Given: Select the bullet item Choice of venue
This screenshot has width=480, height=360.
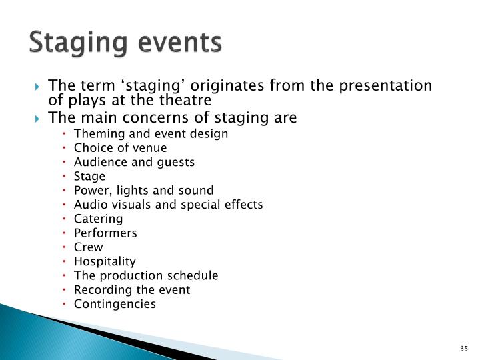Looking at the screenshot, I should click(x=120, y=148).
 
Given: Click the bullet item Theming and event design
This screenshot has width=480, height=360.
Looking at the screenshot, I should click(x=151, y=133).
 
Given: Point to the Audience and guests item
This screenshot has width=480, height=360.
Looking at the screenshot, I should click(x=134, y=162).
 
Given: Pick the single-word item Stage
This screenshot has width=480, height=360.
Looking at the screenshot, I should click(x=89, y=176).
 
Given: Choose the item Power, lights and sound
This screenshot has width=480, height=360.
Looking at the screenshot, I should click(x=143, y=190).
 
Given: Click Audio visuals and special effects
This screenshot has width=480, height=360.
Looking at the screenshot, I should click(x=168, y=205).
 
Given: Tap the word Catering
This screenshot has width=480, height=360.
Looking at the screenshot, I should click(x=98, y=219).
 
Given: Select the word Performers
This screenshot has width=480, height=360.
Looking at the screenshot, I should click(x=105, y=233).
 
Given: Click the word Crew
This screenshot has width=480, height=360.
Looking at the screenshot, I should click(x=88, y=247).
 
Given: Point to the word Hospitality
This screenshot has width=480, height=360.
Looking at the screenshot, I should click(x=105, y=261).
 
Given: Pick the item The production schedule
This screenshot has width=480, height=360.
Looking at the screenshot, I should click(x=146, y=275).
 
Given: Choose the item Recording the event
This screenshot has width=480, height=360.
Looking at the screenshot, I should click(x=132, y=290).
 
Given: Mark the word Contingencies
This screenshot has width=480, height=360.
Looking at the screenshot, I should click(x=115, y=304).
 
